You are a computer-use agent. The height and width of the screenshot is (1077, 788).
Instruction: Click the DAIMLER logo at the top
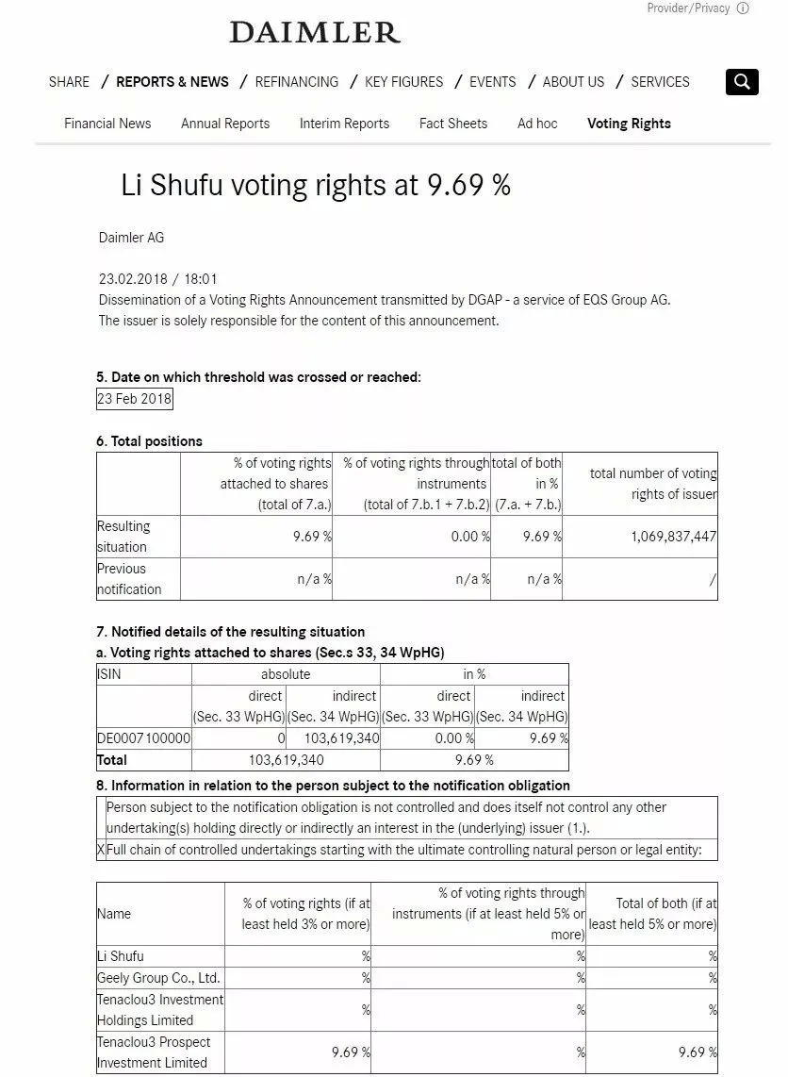[x=315, y=33]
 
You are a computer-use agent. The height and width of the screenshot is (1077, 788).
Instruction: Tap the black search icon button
[x=742, y=82]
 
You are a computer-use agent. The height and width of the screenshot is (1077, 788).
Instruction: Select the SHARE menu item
[x=69, y=82]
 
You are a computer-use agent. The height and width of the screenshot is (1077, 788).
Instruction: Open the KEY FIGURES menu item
[x=403, y=82]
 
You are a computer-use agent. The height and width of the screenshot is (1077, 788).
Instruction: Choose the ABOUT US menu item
[x=573, y=82]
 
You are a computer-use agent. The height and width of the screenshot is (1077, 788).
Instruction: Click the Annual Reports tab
[x=225, y=124]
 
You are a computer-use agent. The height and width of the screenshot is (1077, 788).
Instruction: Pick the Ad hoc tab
[x=537, y=124]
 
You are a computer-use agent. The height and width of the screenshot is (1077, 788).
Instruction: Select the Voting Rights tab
[x=629, y=124]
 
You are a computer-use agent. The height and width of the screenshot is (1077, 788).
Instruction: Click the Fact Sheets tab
[x=453, y=124]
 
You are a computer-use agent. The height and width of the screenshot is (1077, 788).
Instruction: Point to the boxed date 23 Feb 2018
[x=135, y=399]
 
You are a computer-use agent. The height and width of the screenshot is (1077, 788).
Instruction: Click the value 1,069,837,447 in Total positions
[x=673, y=537]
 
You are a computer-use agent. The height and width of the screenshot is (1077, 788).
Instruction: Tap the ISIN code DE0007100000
[x=143, y=738]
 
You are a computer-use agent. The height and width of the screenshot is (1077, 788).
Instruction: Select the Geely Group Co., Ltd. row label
[x=158, y=978]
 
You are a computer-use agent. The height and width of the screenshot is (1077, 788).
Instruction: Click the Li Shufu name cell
[x=121, y=956]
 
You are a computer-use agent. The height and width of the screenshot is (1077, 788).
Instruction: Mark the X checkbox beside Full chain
[x=101, y=850]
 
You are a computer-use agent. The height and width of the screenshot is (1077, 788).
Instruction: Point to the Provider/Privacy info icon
[x=743, y=8]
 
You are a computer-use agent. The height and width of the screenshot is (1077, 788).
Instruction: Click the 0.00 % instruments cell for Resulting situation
[x=470, y=537]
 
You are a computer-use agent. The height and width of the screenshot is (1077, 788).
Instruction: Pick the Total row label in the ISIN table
[x=112, y=760]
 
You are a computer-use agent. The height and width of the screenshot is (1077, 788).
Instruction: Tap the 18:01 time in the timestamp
[x=202, y=279]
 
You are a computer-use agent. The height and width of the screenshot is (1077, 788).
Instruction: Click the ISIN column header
[x=109, y=674]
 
